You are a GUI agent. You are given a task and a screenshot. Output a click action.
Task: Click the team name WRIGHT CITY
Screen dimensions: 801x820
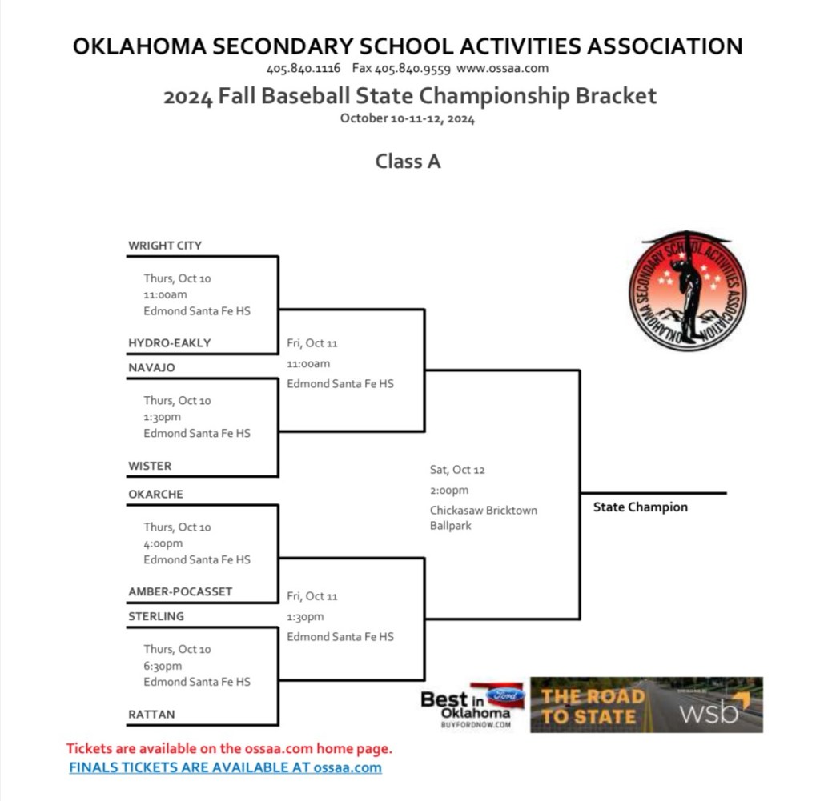tap(165, 246)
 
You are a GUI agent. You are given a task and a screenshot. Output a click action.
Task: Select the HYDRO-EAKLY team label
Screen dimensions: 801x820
tap(169, 343)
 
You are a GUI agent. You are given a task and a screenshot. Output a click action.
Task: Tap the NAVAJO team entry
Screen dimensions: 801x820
tap(151, 368)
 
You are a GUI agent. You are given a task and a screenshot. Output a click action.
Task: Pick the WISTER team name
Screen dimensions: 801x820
tap(150, 466)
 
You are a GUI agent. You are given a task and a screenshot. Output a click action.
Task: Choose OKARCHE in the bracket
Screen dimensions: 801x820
tap(155, 495)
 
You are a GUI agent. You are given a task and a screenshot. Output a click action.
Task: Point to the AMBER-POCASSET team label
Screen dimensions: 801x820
tap(180, 592)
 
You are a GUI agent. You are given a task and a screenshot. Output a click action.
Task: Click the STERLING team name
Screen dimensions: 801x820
tap(156, 617)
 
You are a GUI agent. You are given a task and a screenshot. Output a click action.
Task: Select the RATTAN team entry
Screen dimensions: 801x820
tap(151, 715)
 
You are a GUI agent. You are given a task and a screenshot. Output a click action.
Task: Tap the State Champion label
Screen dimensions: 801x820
tap(640, 507)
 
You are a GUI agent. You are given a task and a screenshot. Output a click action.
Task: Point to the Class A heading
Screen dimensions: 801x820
tap(408, 162)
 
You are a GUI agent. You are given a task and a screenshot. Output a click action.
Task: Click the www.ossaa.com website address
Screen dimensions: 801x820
tap(502, 69)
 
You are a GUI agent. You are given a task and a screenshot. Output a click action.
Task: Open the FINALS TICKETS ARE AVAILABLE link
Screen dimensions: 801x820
tap(225, 768)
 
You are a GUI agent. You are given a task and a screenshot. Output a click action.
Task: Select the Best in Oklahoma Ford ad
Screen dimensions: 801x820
tap(472, 704)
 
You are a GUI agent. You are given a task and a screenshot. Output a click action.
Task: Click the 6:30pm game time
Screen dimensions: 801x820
tap(163, 666)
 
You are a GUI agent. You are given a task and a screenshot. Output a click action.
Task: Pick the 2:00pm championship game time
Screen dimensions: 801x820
tap(449, 491)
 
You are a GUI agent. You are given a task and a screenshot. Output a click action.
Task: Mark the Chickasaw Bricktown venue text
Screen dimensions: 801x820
tap(483, 511)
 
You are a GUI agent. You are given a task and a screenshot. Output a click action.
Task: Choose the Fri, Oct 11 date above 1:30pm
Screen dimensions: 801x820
tap(312, 596)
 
